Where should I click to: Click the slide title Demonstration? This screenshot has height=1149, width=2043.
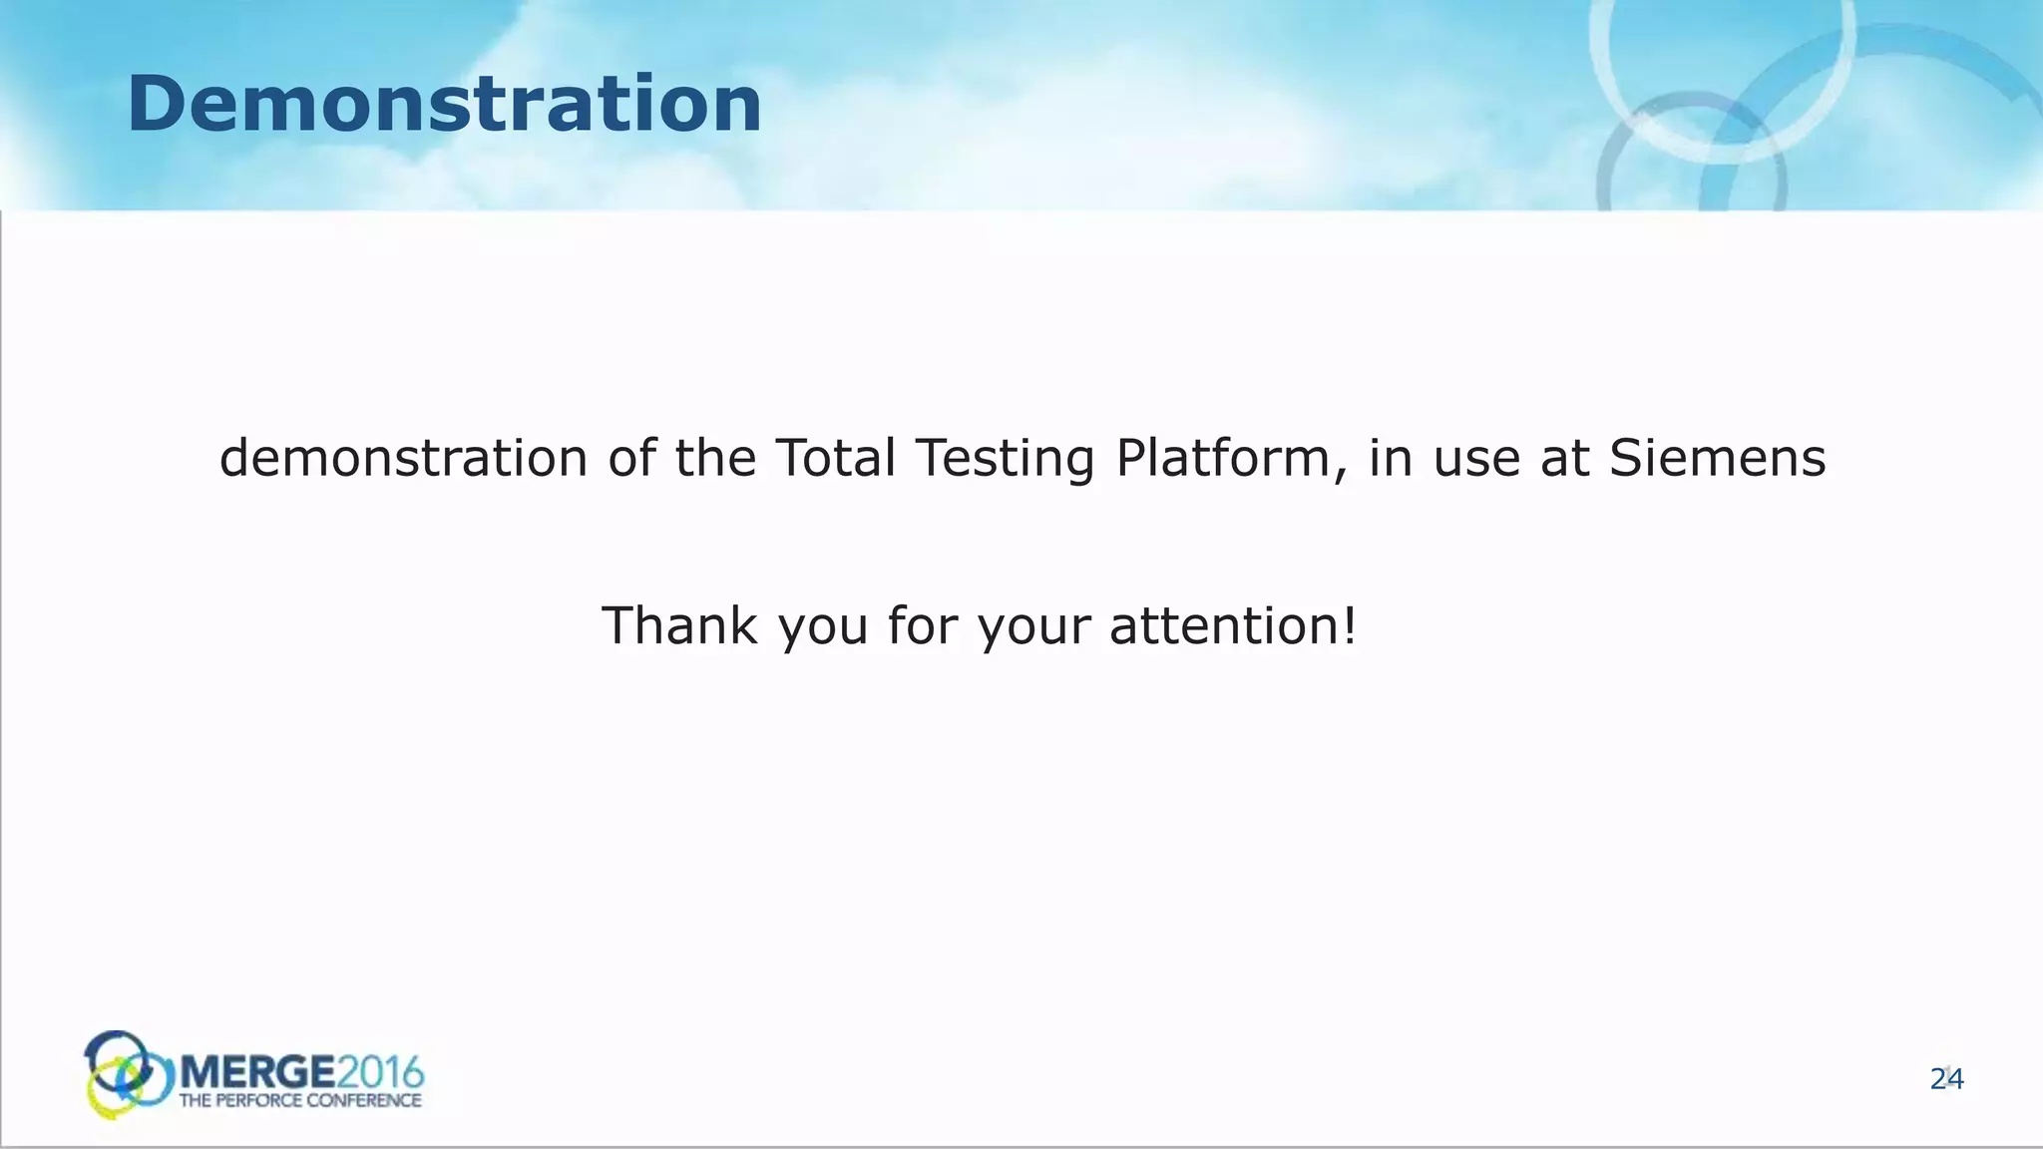(444, 105)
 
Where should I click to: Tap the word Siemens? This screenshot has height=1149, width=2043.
(1717, 458)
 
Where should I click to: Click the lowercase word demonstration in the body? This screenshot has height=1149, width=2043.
(403, 458)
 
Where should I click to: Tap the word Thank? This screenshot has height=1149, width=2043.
(679, 625)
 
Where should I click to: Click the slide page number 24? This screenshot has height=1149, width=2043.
(1946, 1079)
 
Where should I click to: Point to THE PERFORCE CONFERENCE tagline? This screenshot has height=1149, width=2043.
(299, 1101)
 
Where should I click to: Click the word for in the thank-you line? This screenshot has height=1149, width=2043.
(922, 625)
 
